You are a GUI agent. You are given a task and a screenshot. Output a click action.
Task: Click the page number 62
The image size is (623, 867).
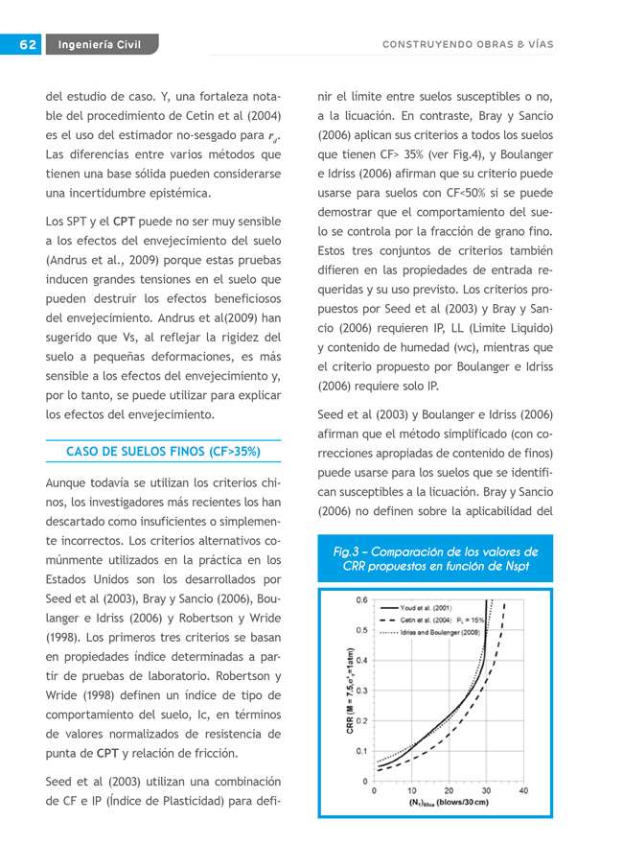[26, 44]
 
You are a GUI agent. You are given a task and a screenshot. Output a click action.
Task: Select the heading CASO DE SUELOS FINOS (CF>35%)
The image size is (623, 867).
[163, 451]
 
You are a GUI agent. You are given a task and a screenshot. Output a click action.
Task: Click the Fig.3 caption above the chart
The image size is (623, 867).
[435, 558]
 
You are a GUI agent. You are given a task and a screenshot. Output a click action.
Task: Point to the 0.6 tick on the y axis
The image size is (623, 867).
[361, 600]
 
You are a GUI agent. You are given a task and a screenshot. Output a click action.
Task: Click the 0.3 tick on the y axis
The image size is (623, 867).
[361, 691]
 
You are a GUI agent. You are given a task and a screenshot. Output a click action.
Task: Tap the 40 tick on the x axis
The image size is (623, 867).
[523, 791]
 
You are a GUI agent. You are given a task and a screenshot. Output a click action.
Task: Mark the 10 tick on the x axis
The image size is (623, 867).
[411, 791]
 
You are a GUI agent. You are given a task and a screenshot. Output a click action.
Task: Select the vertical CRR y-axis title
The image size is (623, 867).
[351, 691]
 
